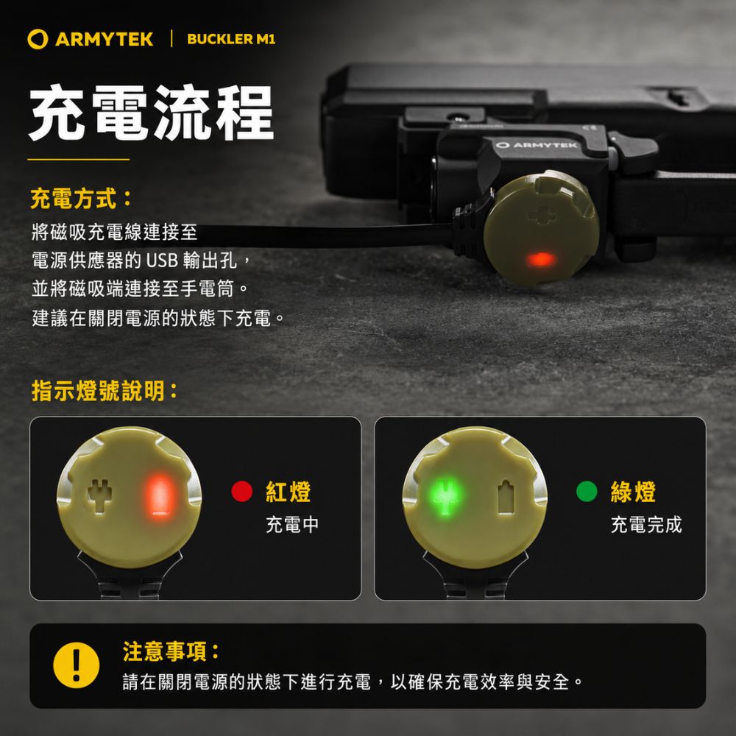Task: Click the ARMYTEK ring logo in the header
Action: [38, 39]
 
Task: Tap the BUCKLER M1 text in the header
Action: [231, 39]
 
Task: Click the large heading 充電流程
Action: [151, 113]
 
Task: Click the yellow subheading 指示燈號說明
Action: [105, 391]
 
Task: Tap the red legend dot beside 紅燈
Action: [241, 491]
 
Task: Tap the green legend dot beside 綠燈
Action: [587, 491]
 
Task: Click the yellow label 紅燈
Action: [289, 492]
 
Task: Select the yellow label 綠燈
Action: [633, 492]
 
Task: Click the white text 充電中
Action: [292, 524]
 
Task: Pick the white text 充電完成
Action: [646, 524]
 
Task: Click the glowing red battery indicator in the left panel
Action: [160, 496]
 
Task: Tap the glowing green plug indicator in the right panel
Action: [445, 497]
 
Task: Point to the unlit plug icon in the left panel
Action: [100, 495]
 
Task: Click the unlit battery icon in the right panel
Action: [506, 497]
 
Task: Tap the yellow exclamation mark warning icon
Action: [76, 665]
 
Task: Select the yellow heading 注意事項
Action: [171, 651]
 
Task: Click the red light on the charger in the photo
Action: [541, 259]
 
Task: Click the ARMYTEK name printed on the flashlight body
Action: [537, 145]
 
